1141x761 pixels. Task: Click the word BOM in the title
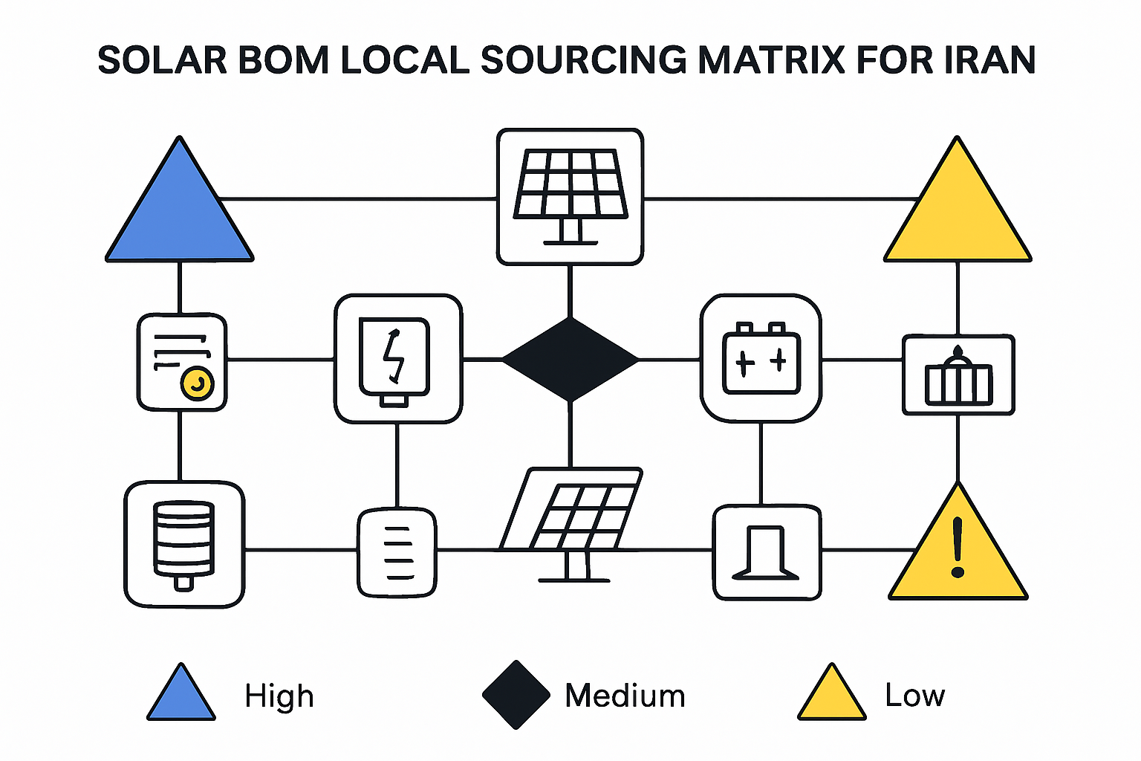point(283,60)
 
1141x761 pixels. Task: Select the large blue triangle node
point(179,209)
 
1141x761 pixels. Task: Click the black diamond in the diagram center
point(570,360)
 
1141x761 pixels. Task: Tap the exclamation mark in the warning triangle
point(958,548)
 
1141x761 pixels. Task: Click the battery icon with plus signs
point(761,357)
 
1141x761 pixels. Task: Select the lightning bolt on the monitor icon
point(393,355)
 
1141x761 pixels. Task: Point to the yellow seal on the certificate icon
point(197,383)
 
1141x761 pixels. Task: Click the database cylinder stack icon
point(184,545)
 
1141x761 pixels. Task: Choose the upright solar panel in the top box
point(570,197)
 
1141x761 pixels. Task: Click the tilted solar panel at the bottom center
point(571,525)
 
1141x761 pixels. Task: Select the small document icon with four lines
point(397,552)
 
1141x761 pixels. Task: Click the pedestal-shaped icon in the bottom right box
point(765,553)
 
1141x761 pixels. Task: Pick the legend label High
point(279,696)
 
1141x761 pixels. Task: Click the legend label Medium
point(625,696)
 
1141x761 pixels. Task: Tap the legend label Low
point(915,696)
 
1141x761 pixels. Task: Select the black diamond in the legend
point(516,695)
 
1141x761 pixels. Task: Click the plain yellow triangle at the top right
point(958,209)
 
